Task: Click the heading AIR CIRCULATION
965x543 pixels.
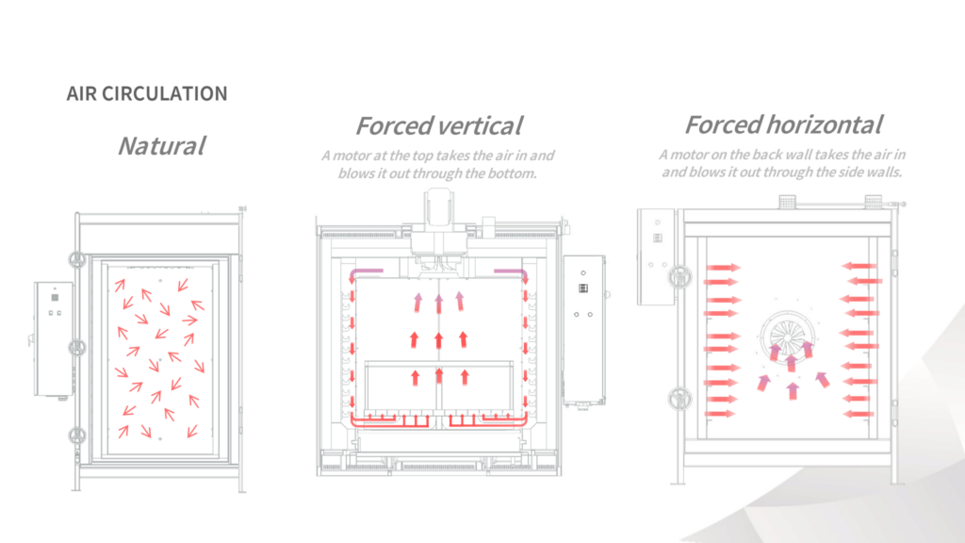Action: [147, 93]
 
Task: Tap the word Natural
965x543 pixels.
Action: [161, 146]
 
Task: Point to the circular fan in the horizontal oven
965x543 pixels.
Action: [789, 337]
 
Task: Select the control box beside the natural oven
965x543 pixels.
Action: [54, 339]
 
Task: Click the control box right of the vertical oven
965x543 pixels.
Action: [584, 330]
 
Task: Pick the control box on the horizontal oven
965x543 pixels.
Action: [656, 256]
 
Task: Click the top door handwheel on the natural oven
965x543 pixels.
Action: [77, 259]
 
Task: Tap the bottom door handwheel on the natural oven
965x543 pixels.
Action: [77, 436]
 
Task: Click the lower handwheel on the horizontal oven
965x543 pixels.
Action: [679, 399]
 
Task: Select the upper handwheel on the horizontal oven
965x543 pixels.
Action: [679, 277]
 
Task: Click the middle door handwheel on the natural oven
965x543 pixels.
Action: [77, 348]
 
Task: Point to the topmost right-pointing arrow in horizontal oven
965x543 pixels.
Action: [723, 267]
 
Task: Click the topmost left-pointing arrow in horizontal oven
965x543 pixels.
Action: [859, 266]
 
